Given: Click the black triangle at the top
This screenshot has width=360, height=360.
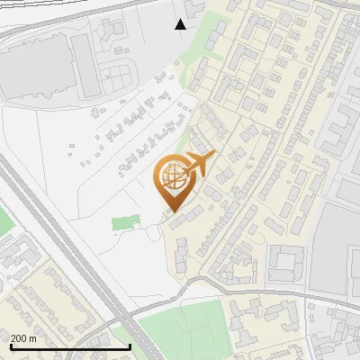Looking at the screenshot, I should tap(181, 24).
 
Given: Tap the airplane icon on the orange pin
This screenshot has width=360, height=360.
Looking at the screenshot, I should tap(200, 164).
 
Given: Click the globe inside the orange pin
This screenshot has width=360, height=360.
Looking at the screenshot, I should tap(171, 176).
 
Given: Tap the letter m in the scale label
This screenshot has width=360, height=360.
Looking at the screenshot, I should tap(34, 338).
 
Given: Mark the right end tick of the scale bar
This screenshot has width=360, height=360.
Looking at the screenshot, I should tap(130, 346).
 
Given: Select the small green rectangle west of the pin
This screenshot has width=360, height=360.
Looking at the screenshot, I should tap(126, 222).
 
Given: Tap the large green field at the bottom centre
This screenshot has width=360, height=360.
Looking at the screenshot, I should tap(180, 328).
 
